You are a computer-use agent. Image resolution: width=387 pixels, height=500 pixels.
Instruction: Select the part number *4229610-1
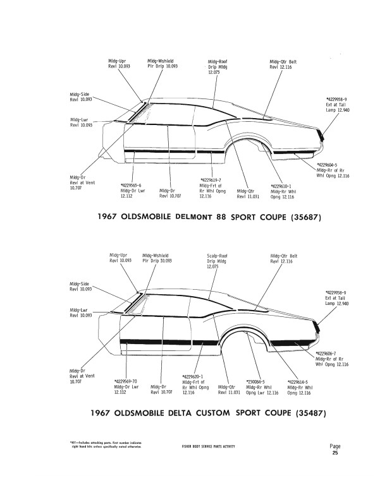tap(281, 186)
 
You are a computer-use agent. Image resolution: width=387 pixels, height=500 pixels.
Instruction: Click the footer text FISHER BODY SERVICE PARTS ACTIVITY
tap(208, 447)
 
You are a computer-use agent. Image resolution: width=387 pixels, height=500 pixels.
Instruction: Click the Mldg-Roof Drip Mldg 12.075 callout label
tap(217, 64)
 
